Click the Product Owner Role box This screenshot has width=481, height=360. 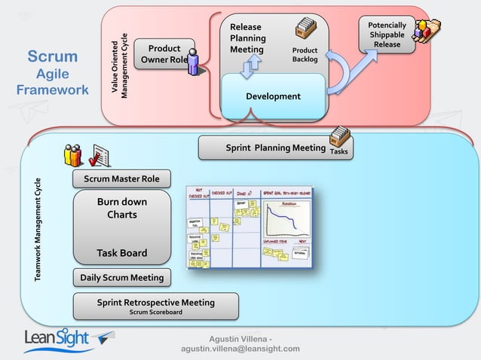(163, 54)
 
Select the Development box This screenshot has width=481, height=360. (273, 96)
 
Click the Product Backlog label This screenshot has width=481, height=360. (305, 55)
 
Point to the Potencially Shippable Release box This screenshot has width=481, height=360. (387, 35)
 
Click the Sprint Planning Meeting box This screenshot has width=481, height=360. (275, 148)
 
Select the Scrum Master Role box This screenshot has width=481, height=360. (121, 178)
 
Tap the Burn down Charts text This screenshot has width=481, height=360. (121, 209)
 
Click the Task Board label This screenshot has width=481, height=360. (121, 253)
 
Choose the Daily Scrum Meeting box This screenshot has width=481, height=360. (121, 278)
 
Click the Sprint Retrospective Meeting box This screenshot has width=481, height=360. (155, 306)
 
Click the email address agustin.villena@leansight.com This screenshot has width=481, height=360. (240, 349)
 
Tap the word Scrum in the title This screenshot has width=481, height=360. (53, 57)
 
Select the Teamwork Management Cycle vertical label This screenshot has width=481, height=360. (38, 230)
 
